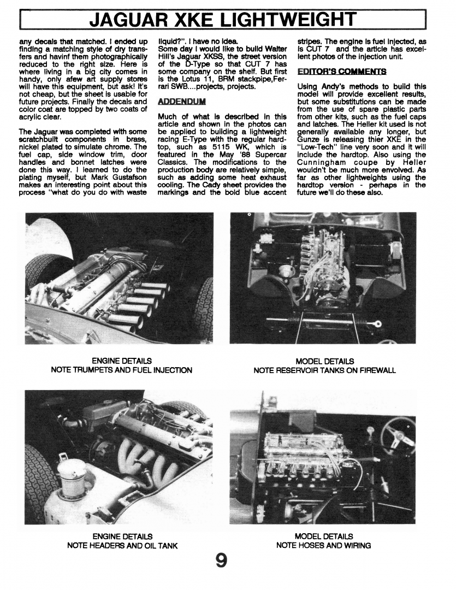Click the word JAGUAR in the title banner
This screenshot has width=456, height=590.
[x=129, y=20]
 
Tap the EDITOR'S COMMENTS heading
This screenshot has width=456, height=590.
[x=335, y=72]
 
